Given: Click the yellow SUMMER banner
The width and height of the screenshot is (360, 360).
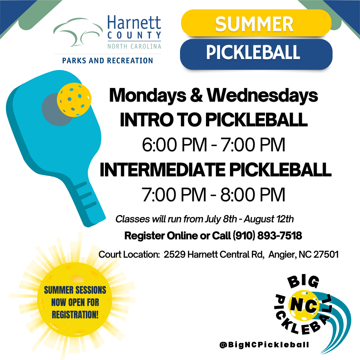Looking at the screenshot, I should (256, 24).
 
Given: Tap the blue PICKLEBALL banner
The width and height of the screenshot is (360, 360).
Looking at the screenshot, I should (256, 53).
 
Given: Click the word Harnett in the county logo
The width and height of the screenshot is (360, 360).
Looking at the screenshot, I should (134, 23).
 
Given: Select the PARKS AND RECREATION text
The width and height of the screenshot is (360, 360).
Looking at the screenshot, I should (107, 61).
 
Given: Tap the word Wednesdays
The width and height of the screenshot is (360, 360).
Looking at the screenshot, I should (262, 96).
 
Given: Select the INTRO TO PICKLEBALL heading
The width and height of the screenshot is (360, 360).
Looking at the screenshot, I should (213, 120).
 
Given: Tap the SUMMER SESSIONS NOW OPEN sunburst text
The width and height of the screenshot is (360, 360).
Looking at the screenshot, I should (75, 302).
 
